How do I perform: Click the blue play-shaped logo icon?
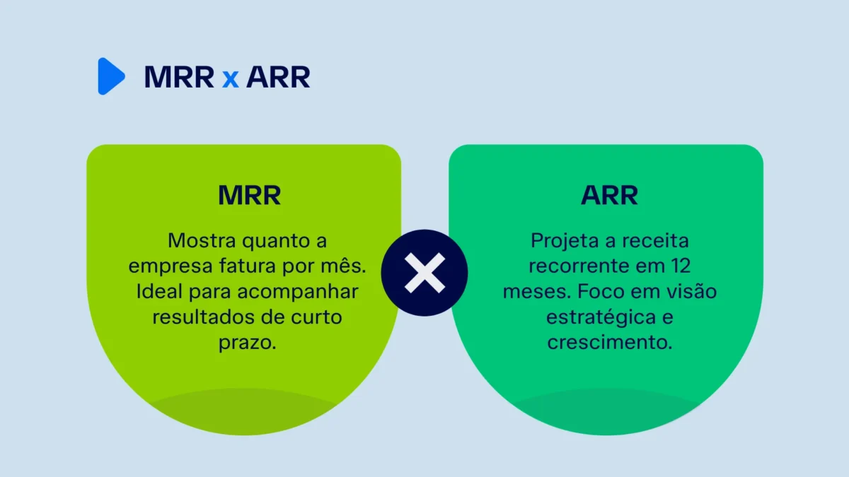tap(110, 76)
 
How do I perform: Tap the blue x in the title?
tap(230, 78)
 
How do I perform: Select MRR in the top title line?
tap(179, 76)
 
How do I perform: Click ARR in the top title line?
tap(278, 76)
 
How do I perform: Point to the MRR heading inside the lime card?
tap(249, 195)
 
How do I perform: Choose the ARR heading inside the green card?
tap(609, 195)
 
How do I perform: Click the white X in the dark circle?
tap(424, 273)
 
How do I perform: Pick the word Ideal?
tap(158, 292)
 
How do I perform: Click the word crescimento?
tap(609, 343)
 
